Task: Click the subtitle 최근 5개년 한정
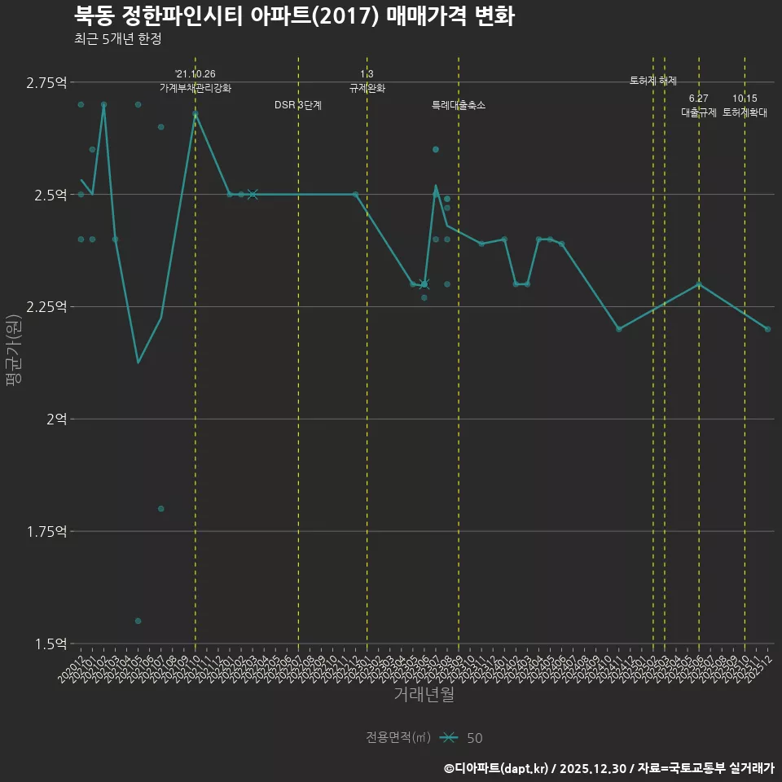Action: click(x=116, y=39)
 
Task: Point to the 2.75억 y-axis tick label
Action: click(x=46, y=82)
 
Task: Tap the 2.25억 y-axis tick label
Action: click(x=46, y=307)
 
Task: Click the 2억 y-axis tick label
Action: click(x=57, y=420)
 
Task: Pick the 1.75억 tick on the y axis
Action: click(x=46, y=532)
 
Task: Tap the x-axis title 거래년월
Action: click(x=424, y=695)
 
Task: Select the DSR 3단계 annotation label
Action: click(x=298, y=105)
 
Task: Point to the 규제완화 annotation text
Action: click(x=367, y=88)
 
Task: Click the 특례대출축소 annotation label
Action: click(x=459, y=105)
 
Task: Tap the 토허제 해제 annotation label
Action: click(x=653, y=81)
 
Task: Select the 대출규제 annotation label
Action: click(x=699, y=112)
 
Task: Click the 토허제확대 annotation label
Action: click(x=745, y=112)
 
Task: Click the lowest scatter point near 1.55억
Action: click(x=138, y=621)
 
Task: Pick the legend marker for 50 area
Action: click(x=448, y=738)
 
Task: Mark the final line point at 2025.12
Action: click(x=767, y=329)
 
